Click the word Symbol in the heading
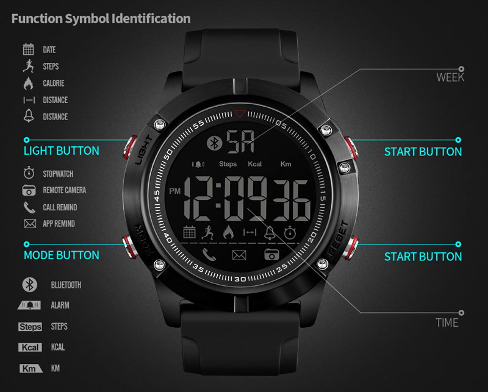coord(87,20)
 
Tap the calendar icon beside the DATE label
coord(28,49)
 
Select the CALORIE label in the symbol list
coord(54,83)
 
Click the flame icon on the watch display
coord(229,232)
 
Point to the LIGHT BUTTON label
coord(62,151)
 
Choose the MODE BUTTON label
coord(62,255)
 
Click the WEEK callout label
coord(450,77)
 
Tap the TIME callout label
coord(447,323)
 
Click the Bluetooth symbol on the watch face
coord(214,143)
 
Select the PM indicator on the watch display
coord(175,191)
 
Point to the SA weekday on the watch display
coord(240,141)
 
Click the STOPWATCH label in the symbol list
coord(58,174)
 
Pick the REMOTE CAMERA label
coord(65,190)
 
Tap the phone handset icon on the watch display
coord(209,255)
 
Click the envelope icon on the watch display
coord(239,255)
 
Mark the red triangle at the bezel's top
coord(240,113)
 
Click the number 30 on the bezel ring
coord(240,279)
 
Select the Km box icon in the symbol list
coord(31,368)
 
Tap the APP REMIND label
coord(59,224)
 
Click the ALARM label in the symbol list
coord(60,305)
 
